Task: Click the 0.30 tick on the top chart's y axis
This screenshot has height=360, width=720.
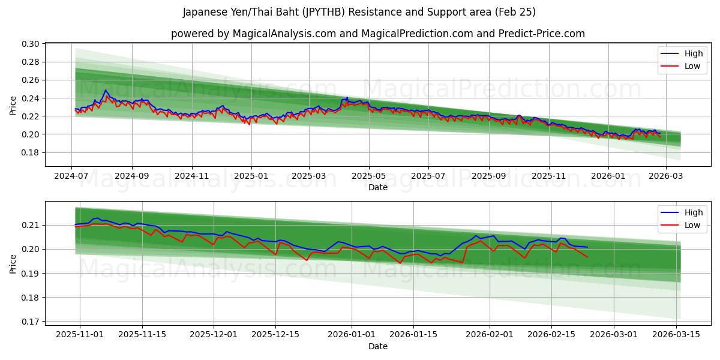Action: (x=31, y=44)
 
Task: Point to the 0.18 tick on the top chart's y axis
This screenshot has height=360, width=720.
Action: (x=31, y=152)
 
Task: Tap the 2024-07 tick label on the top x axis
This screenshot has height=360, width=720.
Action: (x=72, y=176)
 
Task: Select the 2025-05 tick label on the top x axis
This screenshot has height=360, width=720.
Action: (x=368, y=176)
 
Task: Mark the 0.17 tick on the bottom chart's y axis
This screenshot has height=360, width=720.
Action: (x=31, y=322)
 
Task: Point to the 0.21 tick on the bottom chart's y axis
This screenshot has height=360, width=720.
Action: (x=31, y=225)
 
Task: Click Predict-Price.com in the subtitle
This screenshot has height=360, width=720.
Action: (x=541, y=34)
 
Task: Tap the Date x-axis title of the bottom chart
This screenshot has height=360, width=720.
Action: (x=378, y=346)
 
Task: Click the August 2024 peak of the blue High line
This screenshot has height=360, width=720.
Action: (x=106, y=91)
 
